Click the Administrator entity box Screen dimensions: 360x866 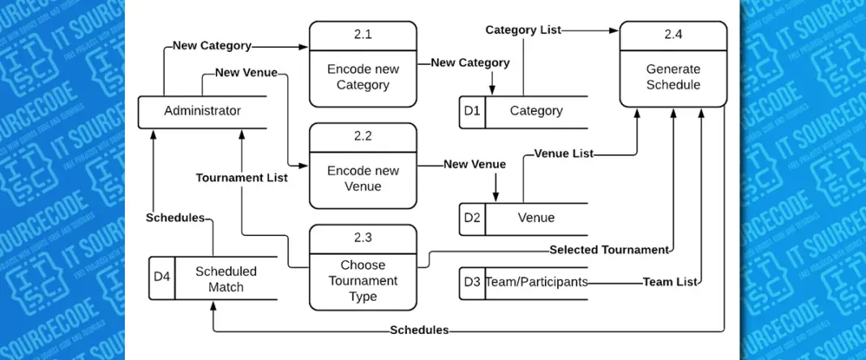coord(203,111)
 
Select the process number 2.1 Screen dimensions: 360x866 coord(362,36)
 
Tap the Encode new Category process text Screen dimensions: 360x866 coord(362,77)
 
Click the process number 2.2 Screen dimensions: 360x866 coord(362,136)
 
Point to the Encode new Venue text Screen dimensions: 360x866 coord(362,178)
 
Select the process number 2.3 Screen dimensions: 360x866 coord(362,238)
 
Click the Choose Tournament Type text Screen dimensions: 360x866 coord(362,281)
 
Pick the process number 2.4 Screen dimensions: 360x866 coord(673,36)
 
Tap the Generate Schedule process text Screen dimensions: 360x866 coord(673,77)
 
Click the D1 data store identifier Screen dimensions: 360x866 coord(472,111)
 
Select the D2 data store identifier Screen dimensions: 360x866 coord(472,217)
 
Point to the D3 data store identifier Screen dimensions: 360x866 coord(472,282)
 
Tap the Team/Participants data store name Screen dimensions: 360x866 coord(536,282)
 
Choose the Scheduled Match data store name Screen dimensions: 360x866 coord(225,279)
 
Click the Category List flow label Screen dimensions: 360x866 coord(522,30)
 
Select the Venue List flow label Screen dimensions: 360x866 coord(564,153)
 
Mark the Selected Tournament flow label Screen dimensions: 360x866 coord(609,250)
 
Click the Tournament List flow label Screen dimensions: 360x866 coord(242,177)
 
